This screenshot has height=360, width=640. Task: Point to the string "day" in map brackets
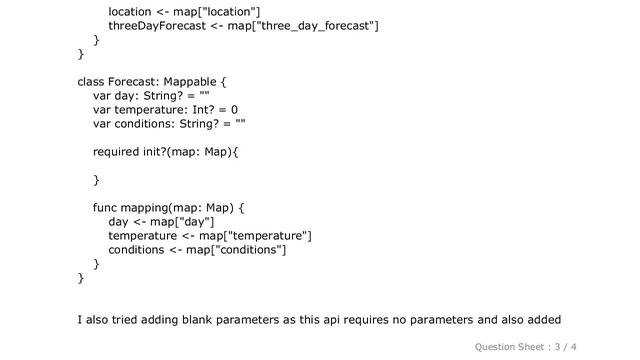click(197, 221)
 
